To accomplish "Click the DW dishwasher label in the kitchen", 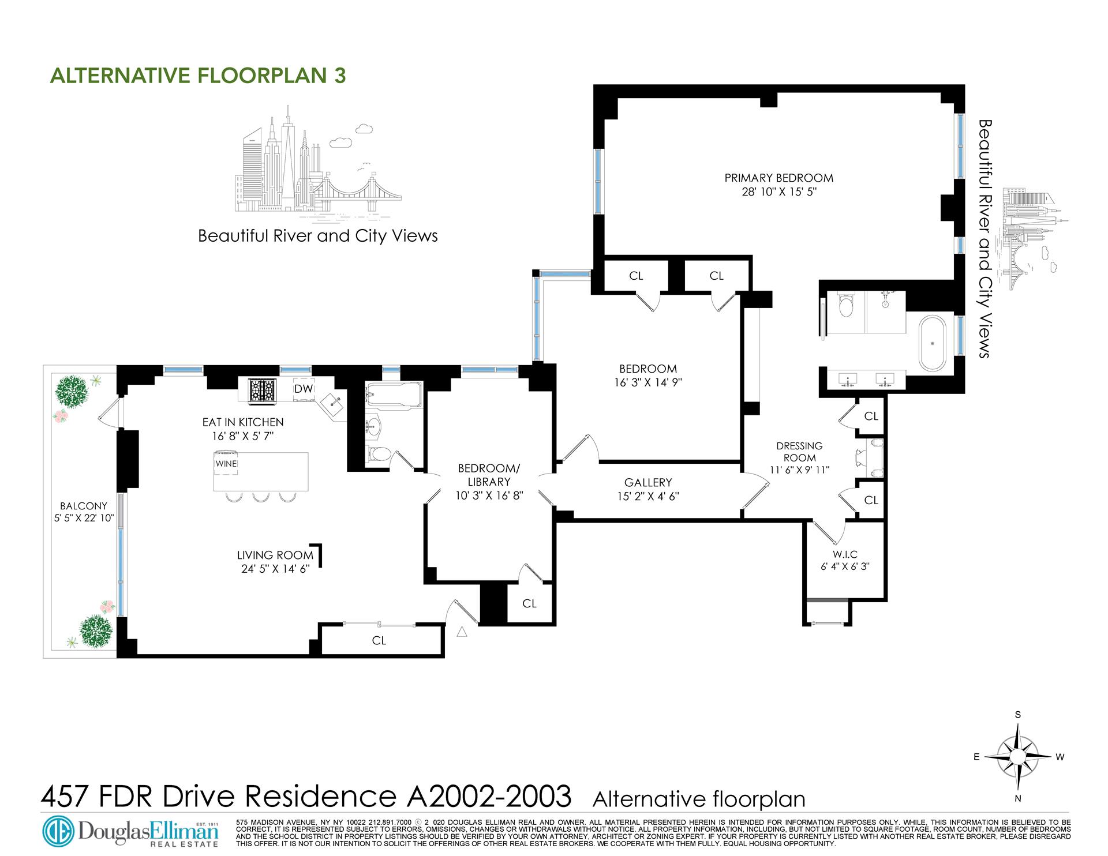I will click(304, 389).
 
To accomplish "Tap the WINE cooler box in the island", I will click(226, 464).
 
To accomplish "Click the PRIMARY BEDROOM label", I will click(778, 178).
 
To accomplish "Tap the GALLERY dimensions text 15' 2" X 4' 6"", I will click(648, 496).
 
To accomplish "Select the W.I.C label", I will click(845, 554).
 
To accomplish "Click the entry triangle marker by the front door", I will click(461, 632).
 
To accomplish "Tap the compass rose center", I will click(1019, 756).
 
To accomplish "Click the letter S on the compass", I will click(1018, 715).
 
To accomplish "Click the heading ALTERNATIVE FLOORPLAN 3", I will click(198, 76).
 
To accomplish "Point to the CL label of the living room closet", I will click(379, 641).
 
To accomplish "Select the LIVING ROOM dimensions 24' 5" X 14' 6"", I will click(275, 568).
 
